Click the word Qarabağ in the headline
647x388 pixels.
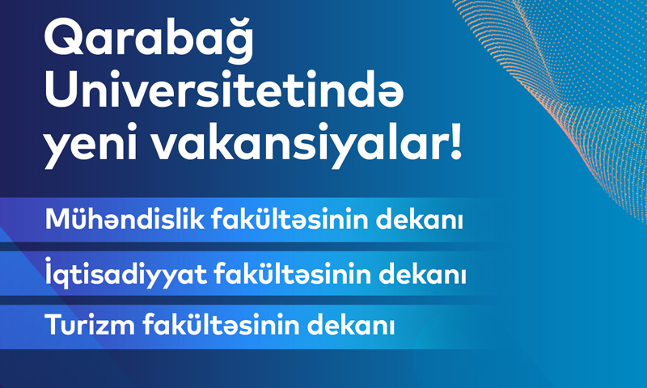point(150,40)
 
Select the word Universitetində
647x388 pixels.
point(224,92)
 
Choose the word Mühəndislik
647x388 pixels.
point(125,219)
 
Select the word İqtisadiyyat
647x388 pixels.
point(126,273)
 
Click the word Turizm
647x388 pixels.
point(90,324)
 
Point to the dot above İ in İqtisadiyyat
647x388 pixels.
point(49,259)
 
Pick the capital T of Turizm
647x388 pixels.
point(53,325)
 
